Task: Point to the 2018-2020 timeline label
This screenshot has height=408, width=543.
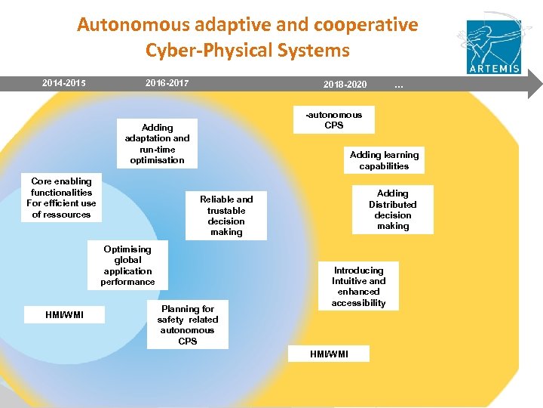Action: pyautogui.click(x=345, y=84)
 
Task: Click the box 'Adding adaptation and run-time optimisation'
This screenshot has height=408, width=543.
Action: pyautogui.click(x=157, y=144)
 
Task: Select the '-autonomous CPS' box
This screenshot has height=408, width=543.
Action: pyautogui.click(x=333, y=120)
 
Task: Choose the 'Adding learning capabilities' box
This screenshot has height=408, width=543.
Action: pyautogui.click(x=384, y=160)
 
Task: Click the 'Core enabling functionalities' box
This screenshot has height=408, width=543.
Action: pyautogui.click(x=61, y=198)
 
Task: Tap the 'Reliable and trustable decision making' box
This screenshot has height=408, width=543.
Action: pyautogui.click(x=226, y=215)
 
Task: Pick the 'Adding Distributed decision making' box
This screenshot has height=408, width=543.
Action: pyautogui.click(x=392, y=209)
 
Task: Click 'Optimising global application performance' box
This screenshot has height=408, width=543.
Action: pyautogui.click(x=127, y=265)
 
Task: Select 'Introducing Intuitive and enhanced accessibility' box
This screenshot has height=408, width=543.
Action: pyautogui.click(x=359, y=286)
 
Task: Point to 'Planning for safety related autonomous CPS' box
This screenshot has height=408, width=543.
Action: pyautogui.click(x=187, y=325)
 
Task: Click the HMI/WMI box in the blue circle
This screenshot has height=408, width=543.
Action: pyautogui.click(x=64, y=314)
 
